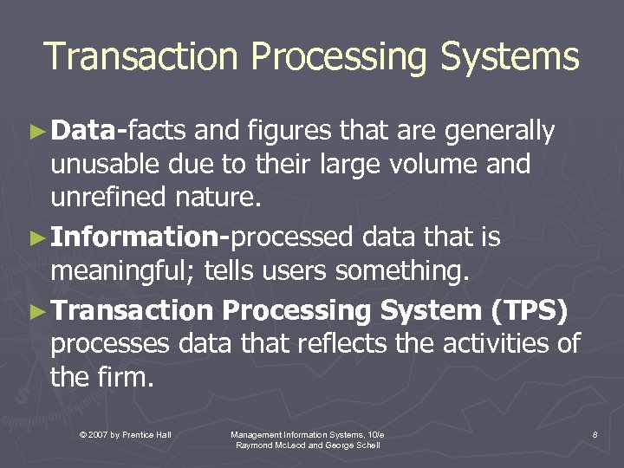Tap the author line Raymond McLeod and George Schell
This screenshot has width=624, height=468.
pos(307,445)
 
